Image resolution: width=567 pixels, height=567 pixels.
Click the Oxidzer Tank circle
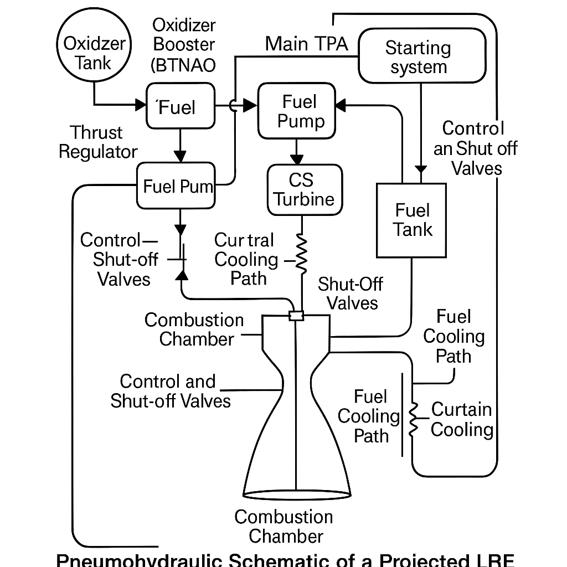click(95, 53)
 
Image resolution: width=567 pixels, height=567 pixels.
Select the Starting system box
click(422, 56)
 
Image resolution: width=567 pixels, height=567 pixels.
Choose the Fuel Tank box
click(411, 220)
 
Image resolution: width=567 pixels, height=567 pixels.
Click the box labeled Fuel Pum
click(177, 186)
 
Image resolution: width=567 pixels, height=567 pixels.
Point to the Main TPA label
click(306, 44)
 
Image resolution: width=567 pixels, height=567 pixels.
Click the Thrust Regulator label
click(98, 142)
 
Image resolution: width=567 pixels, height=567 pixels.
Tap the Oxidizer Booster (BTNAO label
click(184, 45)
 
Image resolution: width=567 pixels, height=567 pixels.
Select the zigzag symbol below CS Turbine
click(302, 254)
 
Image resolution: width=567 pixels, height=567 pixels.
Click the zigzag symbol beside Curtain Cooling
click(413, 420)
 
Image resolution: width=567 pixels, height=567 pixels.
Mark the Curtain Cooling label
click(461, 420)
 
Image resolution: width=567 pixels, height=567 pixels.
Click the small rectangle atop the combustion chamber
click(297, 316)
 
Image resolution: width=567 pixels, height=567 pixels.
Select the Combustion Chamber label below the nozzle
click(283, 526)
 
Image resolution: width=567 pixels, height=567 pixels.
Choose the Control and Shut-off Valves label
click(170, 391)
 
